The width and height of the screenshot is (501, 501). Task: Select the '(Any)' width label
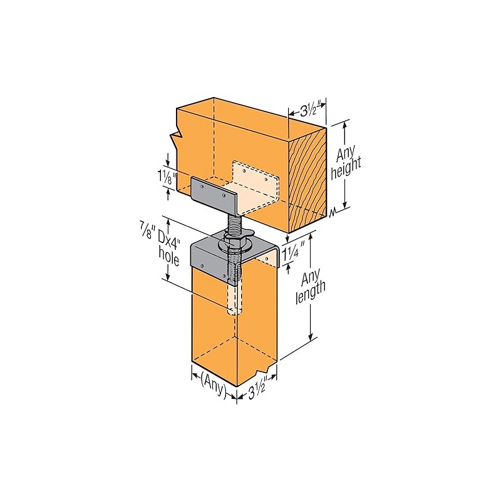point(213,378)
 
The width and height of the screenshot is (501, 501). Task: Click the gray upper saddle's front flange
point(214,193)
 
